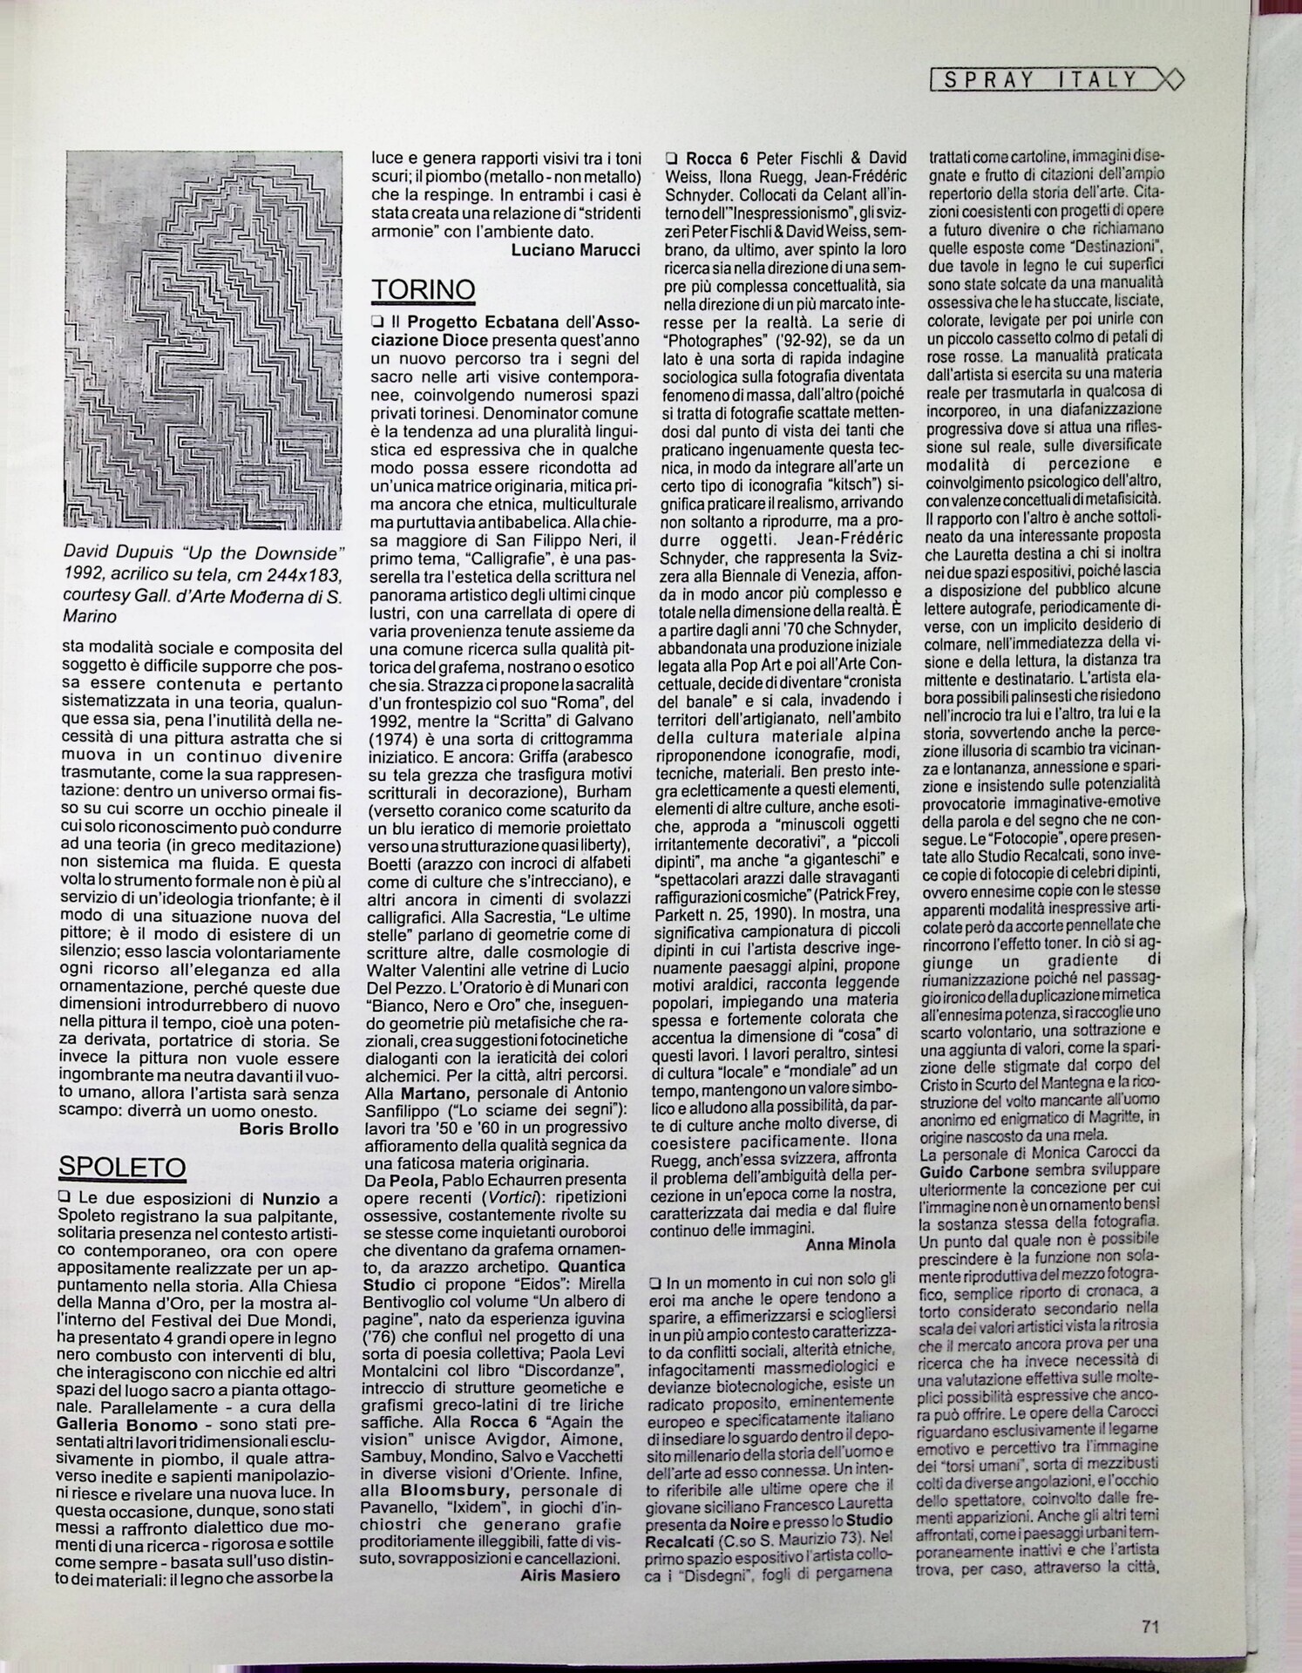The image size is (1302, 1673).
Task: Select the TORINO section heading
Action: click(x=424, y=289)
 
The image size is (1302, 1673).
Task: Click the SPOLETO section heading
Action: click(x=122, y=1166)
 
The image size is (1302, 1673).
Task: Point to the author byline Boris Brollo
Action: click(x=288, y=1128)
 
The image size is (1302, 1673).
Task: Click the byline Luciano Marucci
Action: click(x=576, y=249)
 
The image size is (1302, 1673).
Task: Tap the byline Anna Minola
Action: click(x=850, y=1243)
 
